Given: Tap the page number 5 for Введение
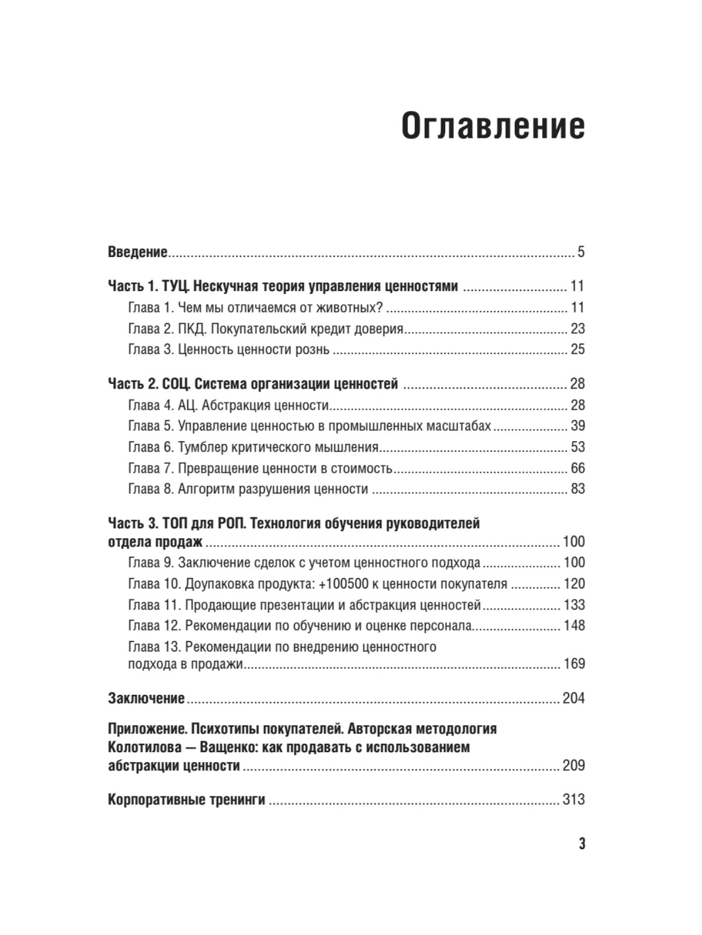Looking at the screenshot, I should tap(581, 252).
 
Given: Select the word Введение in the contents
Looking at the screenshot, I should tap(138, 252).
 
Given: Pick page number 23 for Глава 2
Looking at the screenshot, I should tap(577, 329).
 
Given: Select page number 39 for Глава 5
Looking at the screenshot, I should tap(577, 426).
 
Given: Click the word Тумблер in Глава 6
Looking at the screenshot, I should tap(202, 447).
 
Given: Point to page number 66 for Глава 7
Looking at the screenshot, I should tap(577, 468).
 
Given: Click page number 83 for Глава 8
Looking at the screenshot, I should tap(577, 489).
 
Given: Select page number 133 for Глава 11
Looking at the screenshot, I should tap(574, 605).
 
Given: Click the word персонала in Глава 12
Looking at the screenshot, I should tap(442, 626).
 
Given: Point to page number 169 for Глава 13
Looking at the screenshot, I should tap(574, 664).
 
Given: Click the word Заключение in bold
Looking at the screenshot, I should tap(146, 698).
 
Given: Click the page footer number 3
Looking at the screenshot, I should tap(581, 844).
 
